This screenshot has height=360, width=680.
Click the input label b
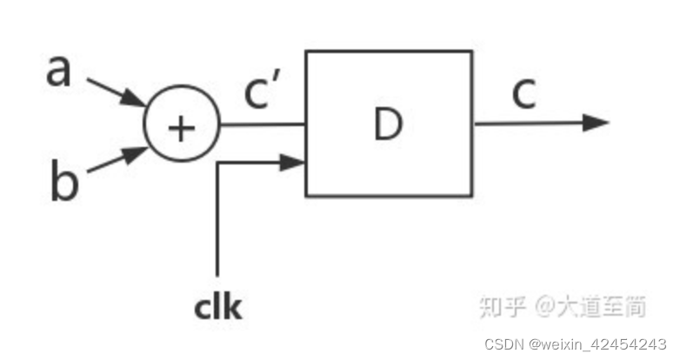[64, 183]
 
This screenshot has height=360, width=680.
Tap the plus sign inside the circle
[181, 128]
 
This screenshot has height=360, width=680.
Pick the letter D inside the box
[388, 124]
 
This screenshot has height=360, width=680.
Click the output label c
[523, 94]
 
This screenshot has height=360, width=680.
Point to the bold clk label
[217, 307]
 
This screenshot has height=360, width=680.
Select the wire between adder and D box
[261, 123]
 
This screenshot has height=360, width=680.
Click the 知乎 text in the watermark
[503, 306]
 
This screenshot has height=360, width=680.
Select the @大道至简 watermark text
[591, 306]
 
